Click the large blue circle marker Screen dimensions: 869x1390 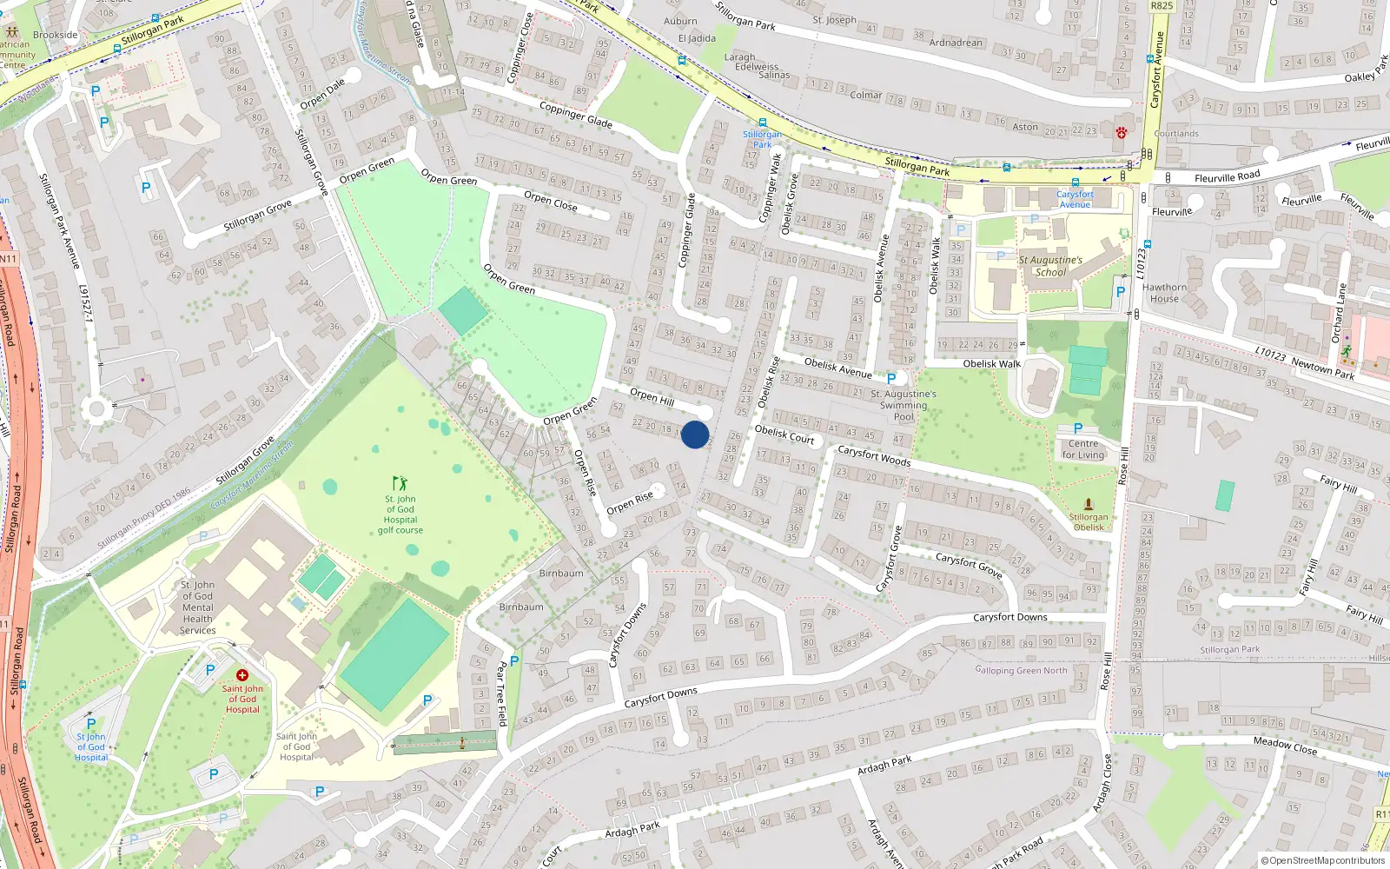coord(695,434)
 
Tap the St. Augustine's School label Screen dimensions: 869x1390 coord(1050,266)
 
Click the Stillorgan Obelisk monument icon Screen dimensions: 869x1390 coord(1089,504)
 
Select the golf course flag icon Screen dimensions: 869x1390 coord(400,483)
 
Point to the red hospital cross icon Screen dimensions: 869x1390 coord(242,675)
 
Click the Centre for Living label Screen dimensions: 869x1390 coord(1083,449)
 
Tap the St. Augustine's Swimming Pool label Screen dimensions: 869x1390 coord(903,405)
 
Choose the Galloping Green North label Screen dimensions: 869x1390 coord(1021,670)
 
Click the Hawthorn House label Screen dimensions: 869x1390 coord(1164,293)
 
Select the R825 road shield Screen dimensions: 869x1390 coord(1162,6)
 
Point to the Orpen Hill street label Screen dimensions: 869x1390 coord(652,397)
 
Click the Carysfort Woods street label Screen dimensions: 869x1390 coord(874,456)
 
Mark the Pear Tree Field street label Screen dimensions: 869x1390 coord(501,693)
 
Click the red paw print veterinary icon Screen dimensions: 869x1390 coord(1122,133)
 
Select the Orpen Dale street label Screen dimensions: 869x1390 coord(322,94)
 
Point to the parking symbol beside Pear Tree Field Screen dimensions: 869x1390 coord(514,661)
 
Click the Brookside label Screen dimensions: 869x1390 coord(56,36)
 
